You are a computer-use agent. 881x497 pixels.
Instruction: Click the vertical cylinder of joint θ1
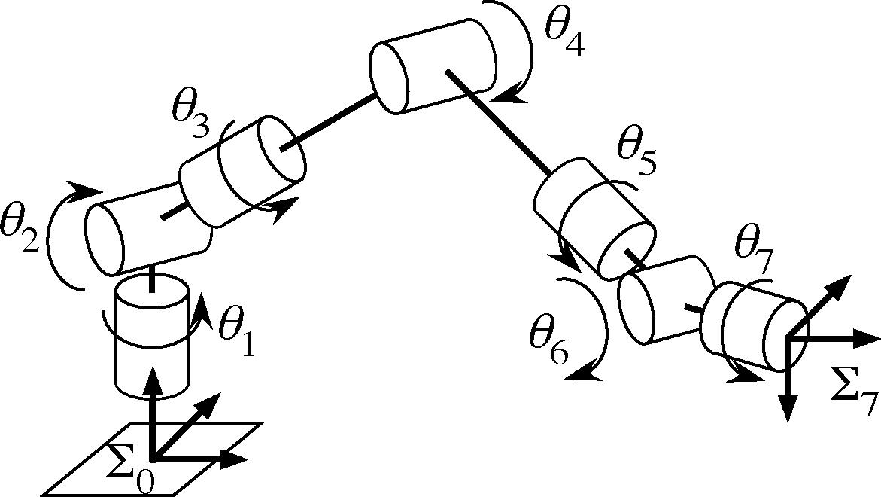pos(151,339)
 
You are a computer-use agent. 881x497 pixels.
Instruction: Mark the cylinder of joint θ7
pos(756,325)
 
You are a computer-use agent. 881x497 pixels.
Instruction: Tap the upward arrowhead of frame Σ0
pos(153,377)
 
